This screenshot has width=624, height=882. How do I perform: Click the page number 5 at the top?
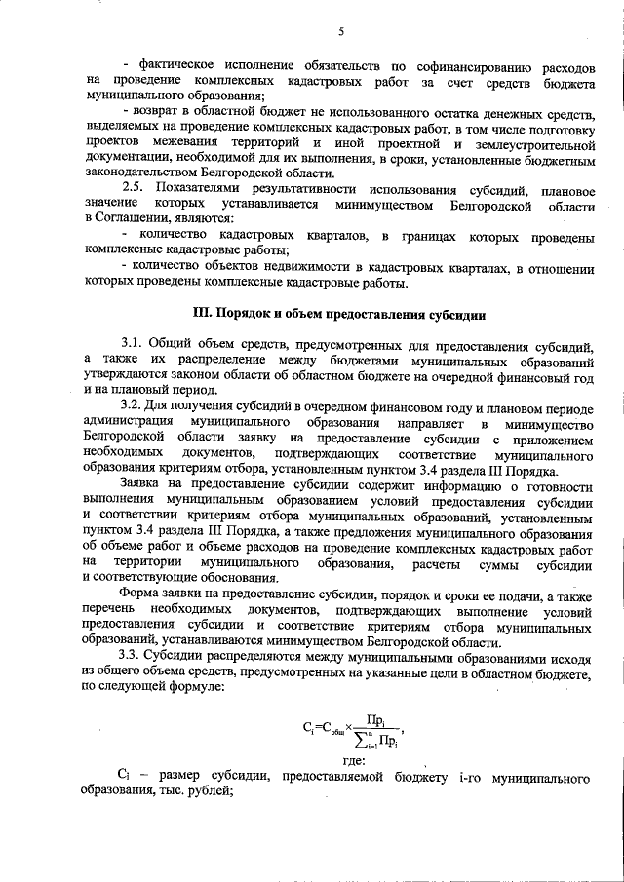pyautogui.click(x=341, y=31)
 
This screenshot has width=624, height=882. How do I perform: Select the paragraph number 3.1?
pyautogui.click(x=132, y=346)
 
